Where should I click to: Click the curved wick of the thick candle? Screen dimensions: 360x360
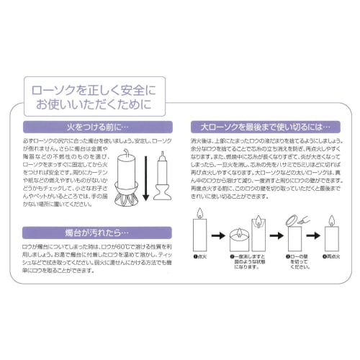[x=125, y=153]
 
